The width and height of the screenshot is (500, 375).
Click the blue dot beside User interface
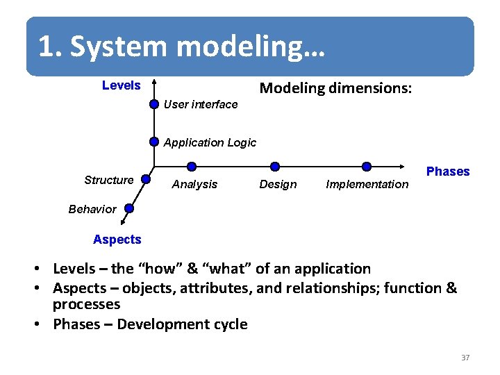(154, 105)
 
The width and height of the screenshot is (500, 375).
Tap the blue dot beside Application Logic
(154, 142)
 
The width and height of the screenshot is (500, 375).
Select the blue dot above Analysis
(192, 167)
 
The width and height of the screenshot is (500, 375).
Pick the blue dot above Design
(275, 167)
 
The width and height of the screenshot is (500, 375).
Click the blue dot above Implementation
(367, 167)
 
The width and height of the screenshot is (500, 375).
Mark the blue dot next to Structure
(145, 179)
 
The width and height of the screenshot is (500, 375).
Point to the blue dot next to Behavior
(129, 208)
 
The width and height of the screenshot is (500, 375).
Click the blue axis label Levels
(121, 85)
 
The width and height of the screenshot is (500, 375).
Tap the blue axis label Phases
(447, 172)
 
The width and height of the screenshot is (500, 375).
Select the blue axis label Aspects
(117, 240)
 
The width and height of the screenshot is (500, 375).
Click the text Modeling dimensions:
(335, 88)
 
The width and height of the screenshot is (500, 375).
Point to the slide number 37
(465, 358)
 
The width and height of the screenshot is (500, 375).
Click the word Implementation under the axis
(367, 184)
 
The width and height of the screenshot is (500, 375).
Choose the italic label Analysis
(194, 184)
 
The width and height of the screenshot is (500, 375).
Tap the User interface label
(200, 104)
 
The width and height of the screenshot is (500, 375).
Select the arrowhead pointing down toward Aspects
(122, 222)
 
